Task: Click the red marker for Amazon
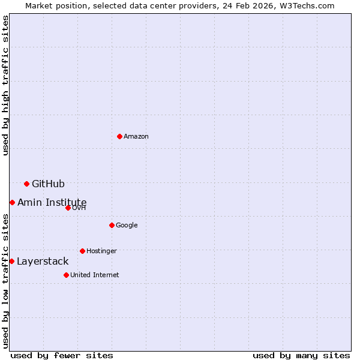pos(120,137)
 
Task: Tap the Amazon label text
pos(136,137)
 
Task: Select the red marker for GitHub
pos(26,184)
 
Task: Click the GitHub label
pos(48,184)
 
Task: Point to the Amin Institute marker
pos(12,203)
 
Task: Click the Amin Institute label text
pos(52,203)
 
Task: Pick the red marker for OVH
pos(68,208)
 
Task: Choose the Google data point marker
pos(112,226)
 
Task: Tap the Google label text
pos(127,226)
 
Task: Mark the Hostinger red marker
pos(82,251)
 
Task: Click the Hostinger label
pos(101,251)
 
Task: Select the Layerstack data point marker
pos(11,262)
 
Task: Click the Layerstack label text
pos(43,262)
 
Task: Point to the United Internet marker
pos(66,275)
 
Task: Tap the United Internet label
pos(95,275)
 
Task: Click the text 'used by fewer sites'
pos(62,356)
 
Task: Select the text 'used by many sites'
pos(301,356)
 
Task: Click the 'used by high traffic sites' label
pos(5,85)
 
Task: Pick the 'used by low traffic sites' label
pos(5,281)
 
